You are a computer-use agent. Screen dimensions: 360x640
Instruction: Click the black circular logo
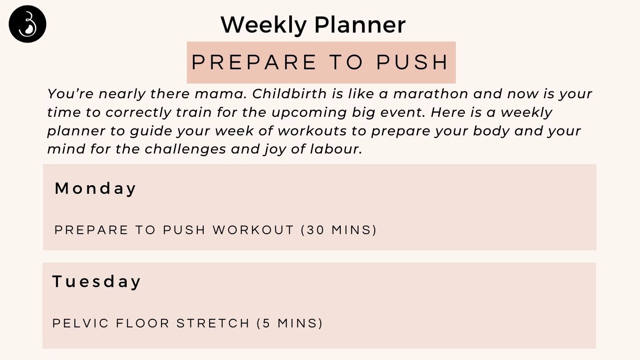(x=28, y=24)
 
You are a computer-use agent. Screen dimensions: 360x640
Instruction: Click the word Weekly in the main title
(x=263, y=25)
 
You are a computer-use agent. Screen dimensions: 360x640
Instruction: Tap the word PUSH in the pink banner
(x=412, y=62)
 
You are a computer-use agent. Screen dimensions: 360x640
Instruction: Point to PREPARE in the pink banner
(x=254, y=62)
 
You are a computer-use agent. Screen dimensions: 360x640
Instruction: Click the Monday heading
(x=96, y=188)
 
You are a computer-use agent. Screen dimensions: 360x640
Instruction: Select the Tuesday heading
(x=96, y=282)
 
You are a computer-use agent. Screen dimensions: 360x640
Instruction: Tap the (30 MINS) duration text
(x=339, y=230)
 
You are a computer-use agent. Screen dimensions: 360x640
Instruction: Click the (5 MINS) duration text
(x=290, y=323)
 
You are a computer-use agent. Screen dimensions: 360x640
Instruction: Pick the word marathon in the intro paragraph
(x=430, y=94)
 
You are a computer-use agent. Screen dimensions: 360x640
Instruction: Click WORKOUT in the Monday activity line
(x=253, y=230)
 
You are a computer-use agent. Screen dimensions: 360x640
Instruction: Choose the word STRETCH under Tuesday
(x=213, y=323)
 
